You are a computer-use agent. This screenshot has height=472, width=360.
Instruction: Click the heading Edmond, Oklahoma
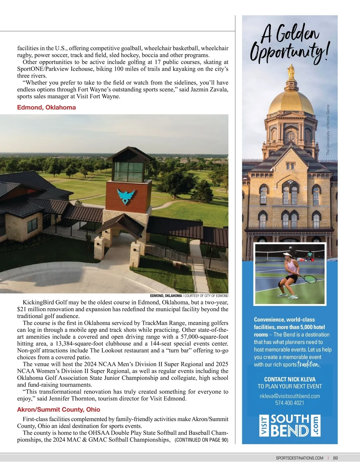tap(46, 107)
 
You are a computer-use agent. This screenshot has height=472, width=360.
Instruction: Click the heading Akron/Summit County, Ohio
tap(58, 409)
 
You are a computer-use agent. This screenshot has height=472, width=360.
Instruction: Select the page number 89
tap(335, 458)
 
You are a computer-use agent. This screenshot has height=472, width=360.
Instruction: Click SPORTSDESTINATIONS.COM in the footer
tap(299, 458)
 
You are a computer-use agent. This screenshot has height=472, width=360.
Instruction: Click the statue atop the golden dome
tap(290, 70)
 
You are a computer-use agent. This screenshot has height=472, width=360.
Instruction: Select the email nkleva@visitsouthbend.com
tap(290, 396)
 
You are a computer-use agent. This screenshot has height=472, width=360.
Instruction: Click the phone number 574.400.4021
tap(290, 403)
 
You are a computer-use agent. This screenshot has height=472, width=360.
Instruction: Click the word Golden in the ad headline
tap(298, 35)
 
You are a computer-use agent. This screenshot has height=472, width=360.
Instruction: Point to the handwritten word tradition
tap(308, 364)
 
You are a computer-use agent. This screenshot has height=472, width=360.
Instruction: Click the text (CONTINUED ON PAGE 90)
tap(201, 440)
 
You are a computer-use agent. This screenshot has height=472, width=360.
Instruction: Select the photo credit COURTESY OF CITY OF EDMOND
tap(206, 295)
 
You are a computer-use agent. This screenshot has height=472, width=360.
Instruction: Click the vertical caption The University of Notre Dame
tap(328, 130)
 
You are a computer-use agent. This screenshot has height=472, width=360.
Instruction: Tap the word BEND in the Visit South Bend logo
tap(290, 431)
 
